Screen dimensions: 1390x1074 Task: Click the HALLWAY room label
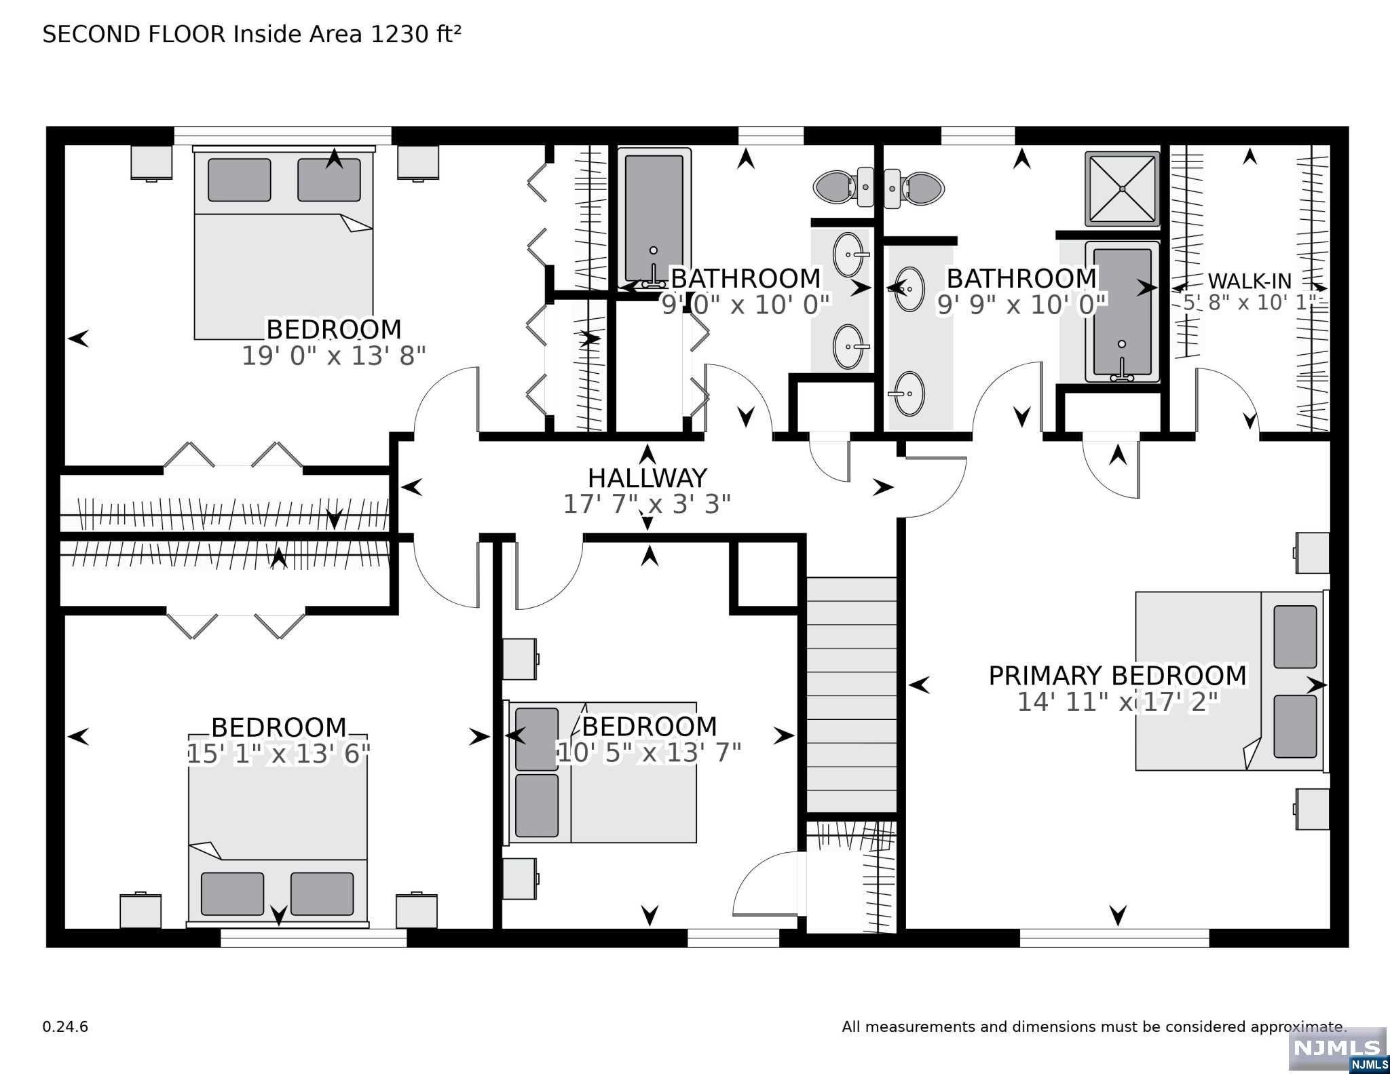point(647,478)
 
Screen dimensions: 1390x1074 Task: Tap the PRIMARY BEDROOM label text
point(1117,676)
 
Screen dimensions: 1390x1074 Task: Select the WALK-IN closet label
point(1249,281)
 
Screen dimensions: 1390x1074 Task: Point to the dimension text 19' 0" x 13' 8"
point(334,356)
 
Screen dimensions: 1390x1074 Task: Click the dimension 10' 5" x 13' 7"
point(649,752)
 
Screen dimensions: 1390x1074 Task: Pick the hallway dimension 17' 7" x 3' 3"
point(647,504)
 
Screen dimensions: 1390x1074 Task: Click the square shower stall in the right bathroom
point(1122,189)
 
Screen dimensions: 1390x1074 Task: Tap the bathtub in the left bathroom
point(654,217)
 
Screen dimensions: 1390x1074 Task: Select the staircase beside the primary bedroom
point(851,695)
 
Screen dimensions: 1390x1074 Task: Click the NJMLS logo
point(1338,1052)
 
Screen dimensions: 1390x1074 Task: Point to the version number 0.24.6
point(65,1027)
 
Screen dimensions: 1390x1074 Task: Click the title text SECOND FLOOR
point(134,34)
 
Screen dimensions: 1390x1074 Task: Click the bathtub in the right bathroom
point(1122,311)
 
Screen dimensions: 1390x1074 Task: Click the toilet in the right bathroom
point(914,187)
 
